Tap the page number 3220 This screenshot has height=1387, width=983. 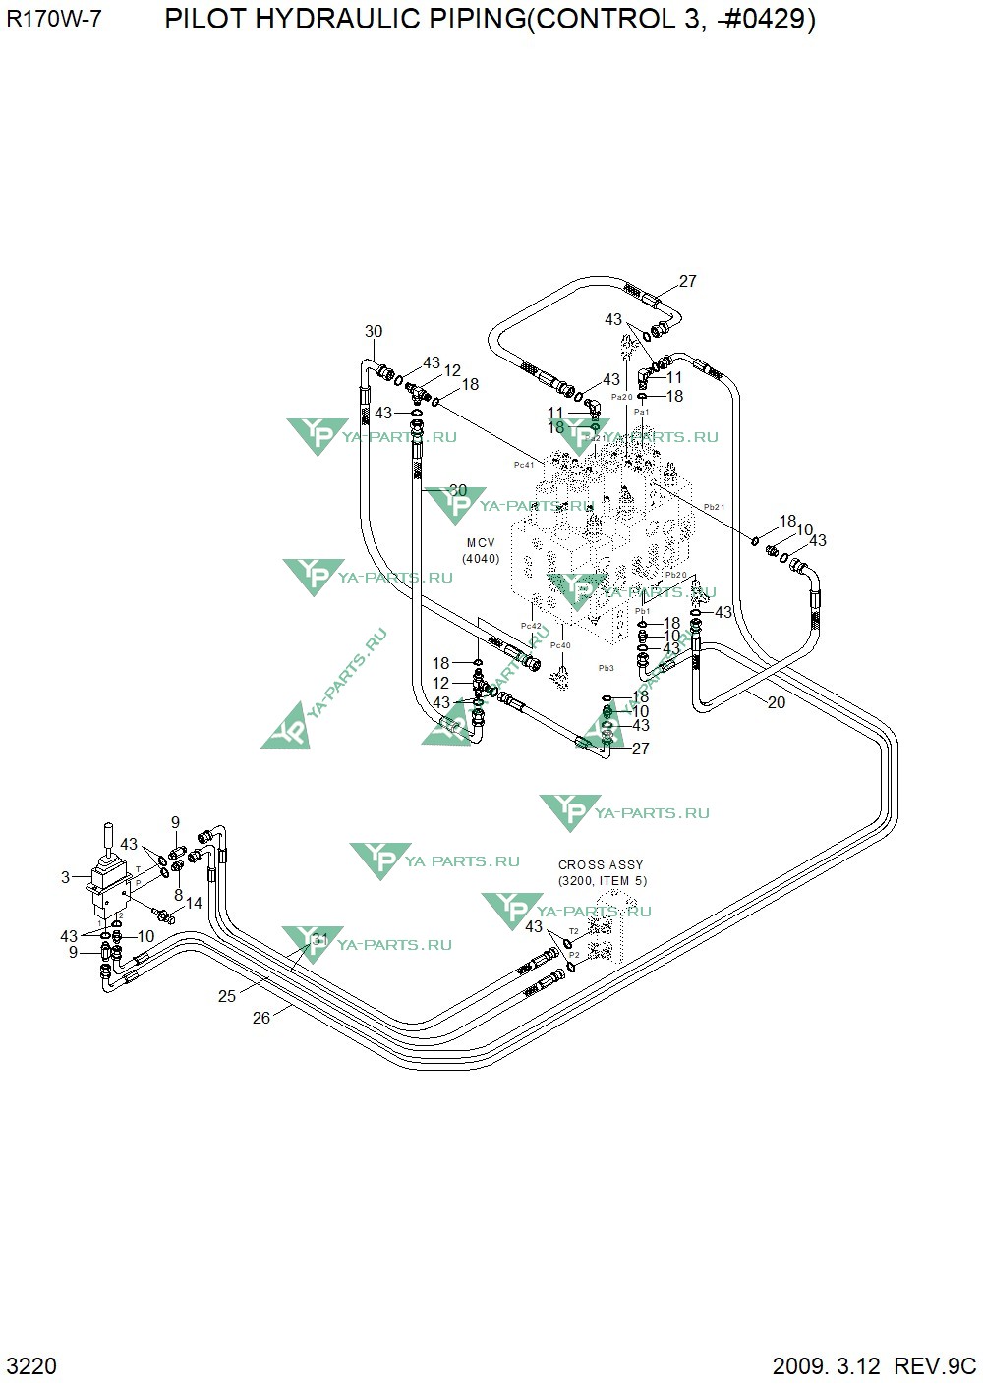point(31,1366)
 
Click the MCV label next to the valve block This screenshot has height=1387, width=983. point(481,543)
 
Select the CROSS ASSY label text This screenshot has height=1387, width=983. point(601,865)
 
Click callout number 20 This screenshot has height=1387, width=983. point(776,702)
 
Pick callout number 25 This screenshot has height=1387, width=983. point(227,996)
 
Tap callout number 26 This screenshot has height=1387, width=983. point(260,1018)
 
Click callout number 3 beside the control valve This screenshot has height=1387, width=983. point(66,877)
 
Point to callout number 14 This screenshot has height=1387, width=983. point(194,903)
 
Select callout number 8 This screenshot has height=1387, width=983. point(178,895)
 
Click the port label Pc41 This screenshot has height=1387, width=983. point(524,464)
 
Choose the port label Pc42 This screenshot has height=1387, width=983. point(531,626)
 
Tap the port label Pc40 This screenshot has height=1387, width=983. point(560,645)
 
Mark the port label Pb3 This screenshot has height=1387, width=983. point(606,668)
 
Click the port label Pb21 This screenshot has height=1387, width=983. point(714,507)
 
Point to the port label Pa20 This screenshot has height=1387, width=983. point(621,397)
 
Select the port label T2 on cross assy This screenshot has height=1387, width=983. point(574,930)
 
